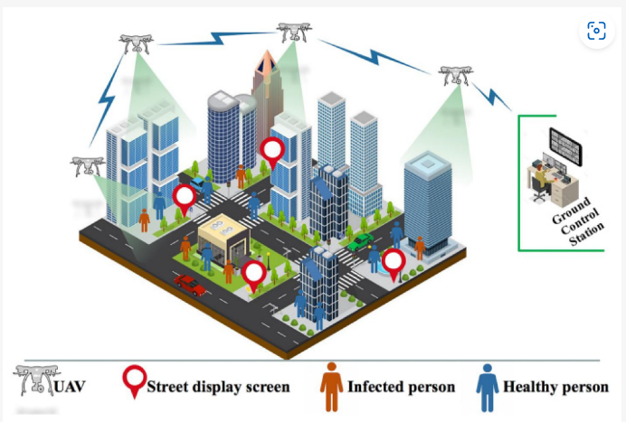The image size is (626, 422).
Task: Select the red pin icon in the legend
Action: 135,381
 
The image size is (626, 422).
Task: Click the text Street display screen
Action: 218,387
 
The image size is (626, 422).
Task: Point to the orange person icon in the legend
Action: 332,384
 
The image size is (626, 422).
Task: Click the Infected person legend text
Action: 402,387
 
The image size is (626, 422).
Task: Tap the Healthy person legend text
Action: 555,387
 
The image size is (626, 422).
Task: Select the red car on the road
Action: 190,285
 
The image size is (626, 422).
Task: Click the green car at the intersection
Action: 361,241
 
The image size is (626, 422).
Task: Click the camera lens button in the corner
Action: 596,32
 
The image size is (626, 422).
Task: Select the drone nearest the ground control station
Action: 455,75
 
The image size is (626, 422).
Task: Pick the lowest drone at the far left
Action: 88,165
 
